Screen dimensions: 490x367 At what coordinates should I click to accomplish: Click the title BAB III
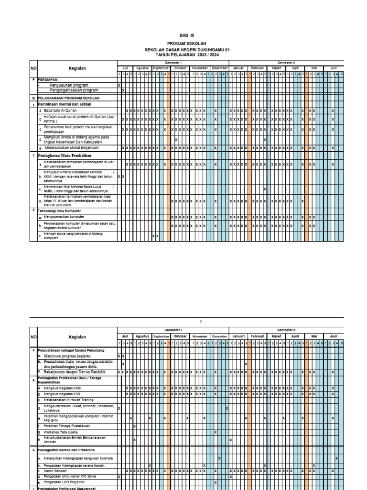pos(187,35)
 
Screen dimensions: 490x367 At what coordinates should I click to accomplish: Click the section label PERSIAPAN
pos(48,79)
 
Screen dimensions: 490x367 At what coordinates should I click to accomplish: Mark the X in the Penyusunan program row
pos(119,85)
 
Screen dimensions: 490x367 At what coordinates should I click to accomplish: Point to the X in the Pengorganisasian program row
pos(123,90)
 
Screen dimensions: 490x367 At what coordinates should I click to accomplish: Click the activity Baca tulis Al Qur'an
pos(64,111)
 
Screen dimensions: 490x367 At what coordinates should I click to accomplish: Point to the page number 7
pos(187,322)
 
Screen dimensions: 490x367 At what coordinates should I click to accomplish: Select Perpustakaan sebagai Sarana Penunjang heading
pos(71,351)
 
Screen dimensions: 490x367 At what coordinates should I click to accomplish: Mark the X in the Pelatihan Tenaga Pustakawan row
pos(135,426)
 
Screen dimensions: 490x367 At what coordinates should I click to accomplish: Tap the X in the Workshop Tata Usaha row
pos(216,432)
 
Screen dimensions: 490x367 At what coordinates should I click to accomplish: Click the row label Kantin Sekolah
pos(55,471)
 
